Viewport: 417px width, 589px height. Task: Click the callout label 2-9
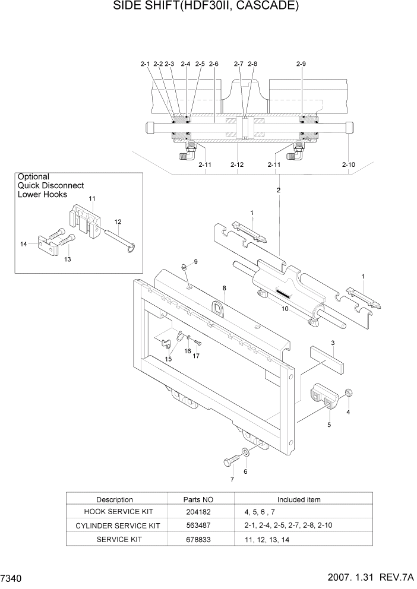[x=301, y=64]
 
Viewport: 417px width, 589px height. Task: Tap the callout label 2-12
[x=237, y=164]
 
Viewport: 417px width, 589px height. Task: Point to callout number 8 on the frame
[x=225, y=288]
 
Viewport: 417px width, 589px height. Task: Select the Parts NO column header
[x=201, y=499]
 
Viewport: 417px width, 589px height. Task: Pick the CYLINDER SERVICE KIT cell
[x=118, y=526]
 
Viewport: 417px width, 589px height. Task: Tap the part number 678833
[x=201, y=539]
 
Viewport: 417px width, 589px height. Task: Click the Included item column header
[x=299, y=499]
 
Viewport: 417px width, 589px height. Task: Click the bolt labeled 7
[x=231, y=461]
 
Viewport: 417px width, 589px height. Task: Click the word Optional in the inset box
[x=33, y=177]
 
